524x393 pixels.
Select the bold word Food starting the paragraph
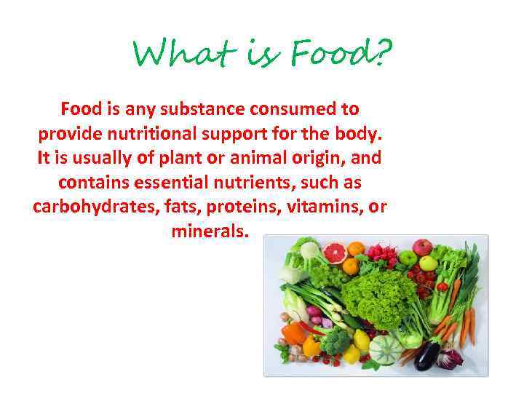click(x=81, y=109)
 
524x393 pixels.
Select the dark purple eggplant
click(x=426, y=356)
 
